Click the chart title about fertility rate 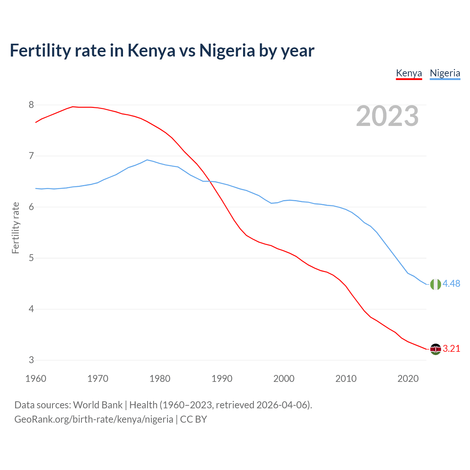coord(162,51)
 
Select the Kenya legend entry coord(409,73)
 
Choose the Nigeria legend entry coord(445,73)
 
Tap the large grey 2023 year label coord(387,116)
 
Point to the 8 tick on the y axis coord(31,105)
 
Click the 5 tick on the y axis coord(31,258)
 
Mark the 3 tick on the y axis coord(31,360)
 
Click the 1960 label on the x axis coord(36,379)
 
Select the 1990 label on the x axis coord(222,379)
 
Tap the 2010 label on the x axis coord(346,379)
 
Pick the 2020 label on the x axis coord(408,379)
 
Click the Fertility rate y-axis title coord(15,228)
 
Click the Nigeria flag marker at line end coord(435,284)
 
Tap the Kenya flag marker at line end coord(435,349)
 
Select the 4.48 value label coord(451,284)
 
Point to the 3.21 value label coord(451,349)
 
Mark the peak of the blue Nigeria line coord(147,160)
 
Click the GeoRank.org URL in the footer coord(94,419)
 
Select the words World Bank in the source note coord(98,405)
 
